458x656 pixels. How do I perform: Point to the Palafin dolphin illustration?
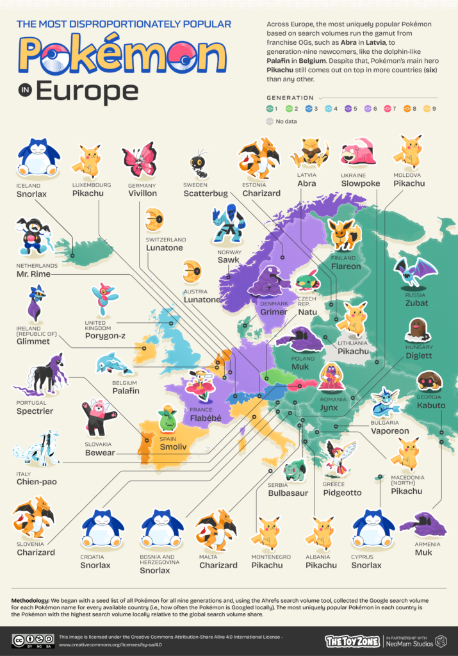click(x=113, y=364)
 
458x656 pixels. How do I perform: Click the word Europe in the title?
click(x=86, y=90)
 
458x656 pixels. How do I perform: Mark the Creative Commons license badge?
click(x=32, y=640)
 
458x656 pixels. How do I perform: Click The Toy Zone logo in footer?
click(x=352, y=640)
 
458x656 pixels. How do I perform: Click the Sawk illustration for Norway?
click(x=227, y=224)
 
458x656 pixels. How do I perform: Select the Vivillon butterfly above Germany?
click(x=139, y=159)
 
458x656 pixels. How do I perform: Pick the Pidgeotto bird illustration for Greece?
click(x=338, y=457)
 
